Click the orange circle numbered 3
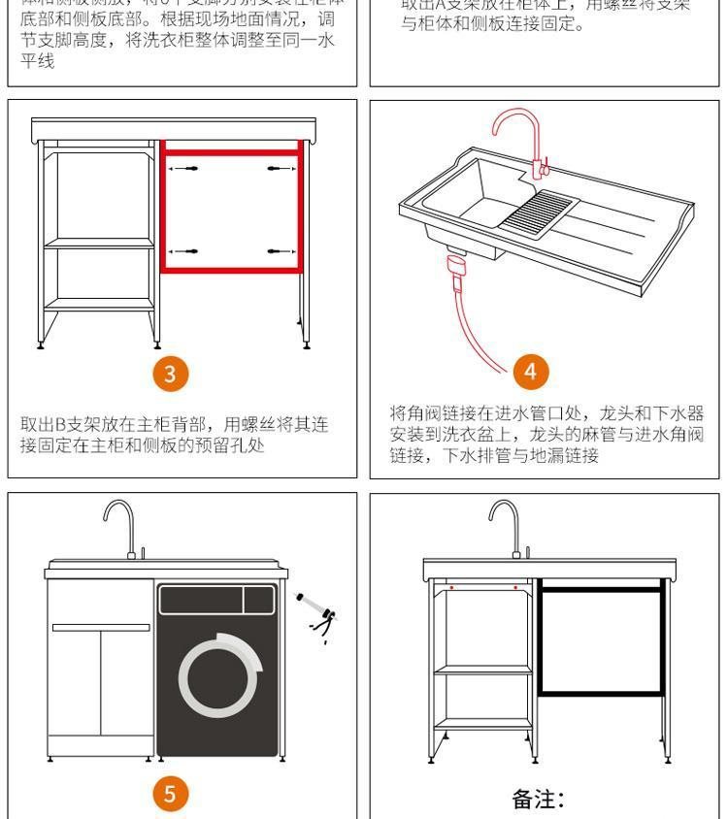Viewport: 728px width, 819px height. click(x=171, y=375)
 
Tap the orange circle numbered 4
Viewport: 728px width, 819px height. click(x=530, y=372)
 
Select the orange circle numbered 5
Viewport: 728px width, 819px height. click(x=171, y=795)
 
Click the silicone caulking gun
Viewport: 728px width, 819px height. click(x=314, y=610)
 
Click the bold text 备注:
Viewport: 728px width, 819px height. click(x=539, y=799)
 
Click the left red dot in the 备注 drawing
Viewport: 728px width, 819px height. click(x=451, y=588)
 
